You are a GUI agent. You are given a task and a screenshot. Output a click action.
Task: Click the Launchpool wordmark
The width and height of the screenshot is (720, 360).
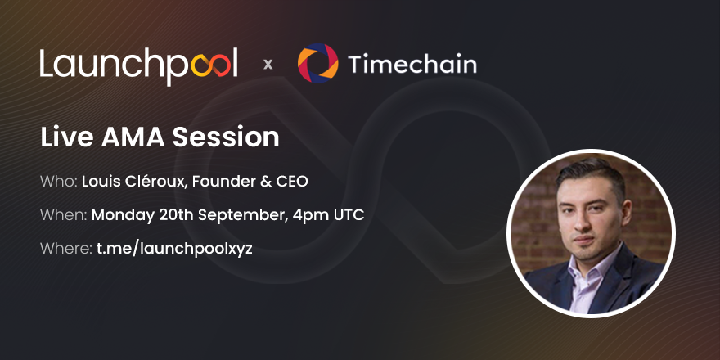pyautogui.click(x=138, y=65)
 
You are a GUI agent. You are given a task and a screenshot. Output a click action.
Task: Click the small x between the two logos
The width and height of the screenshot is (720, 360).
pyautogui.click(x=268, y=65)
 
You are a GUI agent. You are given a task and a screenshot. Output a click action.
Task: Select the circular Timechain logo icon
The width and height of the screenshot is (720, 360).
pyautogui.click(x=317, y=64)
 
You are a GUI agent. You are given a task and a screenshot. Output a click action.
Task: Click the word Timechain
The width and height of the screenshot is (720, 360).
pyautogui.click(x=412, y=64)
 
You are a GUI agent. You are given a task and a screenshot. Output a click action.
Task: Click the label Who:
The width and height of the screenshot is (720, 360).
pyautogui.click(x=58, y=181)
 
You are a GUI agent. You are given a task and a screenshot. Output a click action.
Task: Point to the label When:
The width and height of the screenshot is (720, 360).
pyautogui.click(x=62, y=215)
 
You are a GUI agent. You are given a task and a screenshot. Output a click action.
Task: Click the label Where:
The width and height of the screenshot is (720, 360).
pyautogui.click(x=65, y=248)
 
